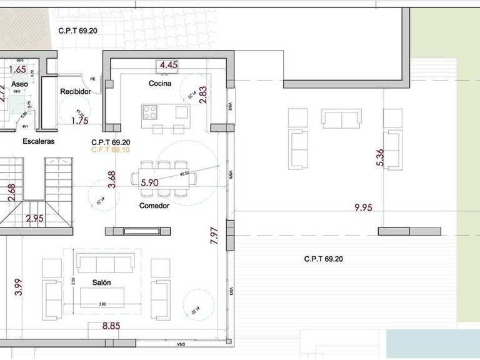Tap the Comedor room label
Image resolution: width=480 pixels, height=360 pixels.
[x=154, y=206]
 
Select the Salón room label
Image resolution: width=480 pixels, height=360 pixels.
[x=101, y=282]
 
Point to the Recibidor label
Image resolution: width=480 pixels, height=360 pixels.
[x=76, y=92]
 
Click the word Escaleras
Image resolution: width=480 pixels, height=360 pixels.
[x=39, y=141]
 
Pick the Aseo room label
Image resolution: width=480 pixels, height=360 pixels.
[x=19, y=84]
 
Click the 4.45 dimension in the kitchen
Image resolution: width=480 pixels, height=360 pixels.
[x=169, y=65]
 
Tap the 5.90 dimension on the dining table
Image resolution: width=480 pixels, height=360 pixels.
[x=150, y=183]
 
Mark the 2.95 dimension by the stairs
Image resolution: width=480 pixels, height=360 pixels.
[x=36, y=219]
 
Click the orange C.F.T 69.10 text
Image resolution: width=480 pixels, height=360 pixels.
[x=111, y=150]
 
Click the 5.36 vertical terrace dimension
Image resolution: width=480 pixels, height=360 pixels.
[x=380, y=157]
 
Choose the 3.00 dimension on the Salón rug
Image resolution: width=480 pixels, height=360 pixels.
[x=102, y=304]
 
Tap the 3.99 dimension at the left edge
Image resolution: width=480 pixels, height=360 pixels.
[x=19, y=286]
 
